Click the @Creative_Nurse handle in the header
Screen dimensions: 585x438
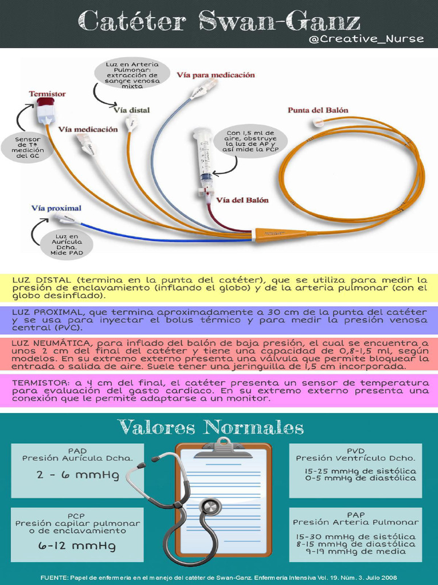click(x=366, y=39)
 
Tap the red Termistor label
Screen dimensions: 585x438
click(x=47, y=94)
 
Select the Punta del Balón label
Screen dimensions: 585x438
click(x=318, y=110)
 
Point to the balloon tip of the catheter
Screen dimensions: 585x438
click(x=318, y=122)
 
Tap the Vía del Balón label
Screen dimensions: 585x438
click(x=242, y=201)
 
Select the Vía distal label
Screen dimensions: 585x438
click(x=132, y=109)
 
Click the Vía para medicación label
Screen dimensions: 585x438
click(x=216, y=75)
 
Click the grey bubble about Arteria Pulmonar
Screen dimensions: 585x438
click(x=132, y=75)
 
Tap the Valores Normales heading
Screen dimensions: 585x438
click(x=210, y=427)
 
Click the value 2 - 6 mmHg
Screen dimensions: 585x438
click(x=78, y=475)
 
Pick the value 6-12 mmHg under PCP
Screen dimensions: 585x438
click(x=78, y=546)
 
